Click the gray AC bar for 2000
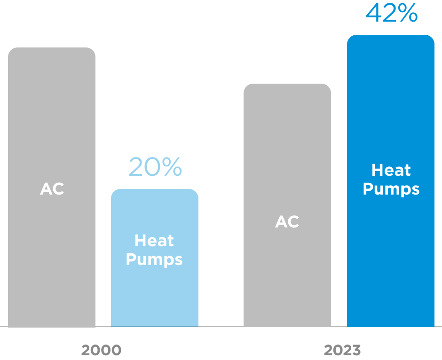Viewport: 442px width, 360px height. coord(52,117)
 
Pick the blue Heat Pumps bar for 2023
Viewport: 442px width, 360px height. coord(390,258)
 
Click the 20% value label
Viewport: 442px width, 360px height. coord(155,167)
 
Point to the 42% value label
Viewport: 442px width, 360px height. coord(392,13)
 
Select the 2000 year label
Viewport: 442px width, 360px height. coord(101,350)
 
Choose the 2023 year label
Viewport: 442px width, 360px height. coord(342,350)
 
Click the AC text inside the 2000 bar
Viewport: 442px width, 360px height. coord(52,189)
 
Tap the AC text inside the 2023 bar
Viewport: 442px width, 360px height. coord(287,222)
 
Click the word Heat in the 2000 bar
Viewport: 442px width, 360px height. coord(154,241)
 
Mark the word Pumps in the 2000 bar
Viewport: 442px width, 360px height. coord(154,259)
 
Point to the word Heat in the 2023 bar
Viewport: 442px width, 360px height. coord(391,170)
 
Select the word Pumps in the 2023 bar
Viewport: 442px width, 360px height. coord(391,189)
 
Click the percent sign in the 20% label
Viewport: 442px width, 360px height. coord(172,167)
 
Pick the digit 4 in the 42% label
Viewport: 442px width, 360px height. coord(375,13)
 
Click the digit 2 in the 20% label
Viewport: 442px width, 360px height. coord(137,167)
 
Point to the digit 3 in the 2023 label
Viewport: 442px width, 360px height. coord(356,350)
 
